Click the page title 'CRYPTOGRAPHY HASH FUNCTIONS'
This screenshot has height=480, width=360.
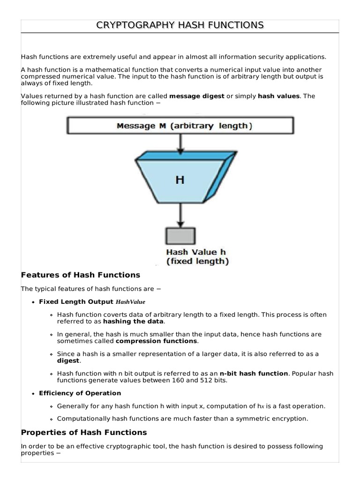[x=180, y=25]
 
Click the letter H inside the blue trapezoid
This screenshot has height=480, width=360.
[x=180, y=180]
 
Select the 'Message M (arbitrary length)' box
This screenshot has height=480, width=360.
[x=181, y=126]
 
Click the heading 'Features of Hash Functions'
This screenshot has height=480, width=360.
[x=81, y=275]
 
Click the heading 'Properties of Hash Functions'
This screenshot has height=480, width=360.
[x=84, y=432]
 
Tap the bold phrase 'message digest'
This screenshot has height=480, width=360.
[x=196, y=96]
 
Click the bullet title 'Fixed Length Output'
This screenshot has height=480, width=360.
[x=76, y=301]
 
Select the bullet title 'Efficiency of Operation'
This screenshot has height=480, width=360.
[x=80, y=393]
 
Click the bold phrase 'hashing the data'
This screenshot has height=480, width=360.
[x=133, y=322]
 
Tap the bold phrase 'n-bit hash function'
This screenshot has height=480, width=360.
[x=254, y=374]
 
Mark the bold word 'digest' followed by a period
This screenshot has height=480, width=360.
[x=68, y=361]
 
